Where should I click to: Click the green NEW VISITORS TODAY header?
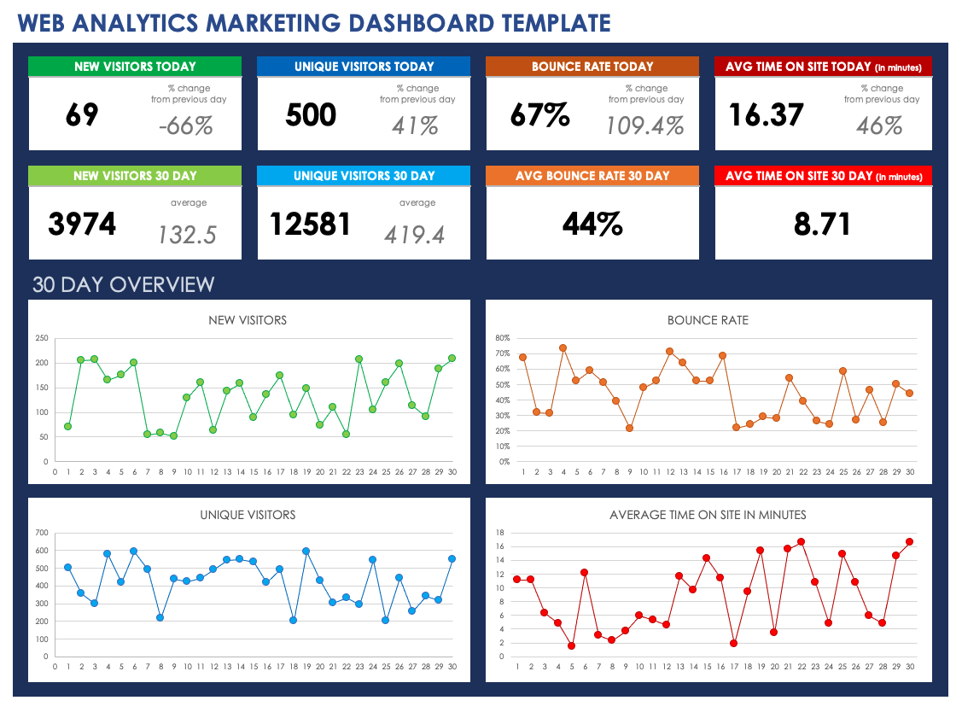[x=135, y=67]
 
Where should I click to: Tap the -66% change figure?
[x=185, y=126]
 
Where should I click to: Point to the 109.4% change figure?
[x=645, y=126]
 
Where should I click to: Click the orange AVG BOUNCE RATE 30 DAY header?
[x=592, y=176]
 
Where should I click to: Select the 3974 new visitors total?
[x=82, y=225]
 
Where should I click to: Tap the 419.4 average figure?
[x=414, y=235]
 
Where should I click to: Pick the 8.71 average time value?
[x=822, y=225]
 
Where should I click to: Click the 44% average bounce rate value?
[x=592, y=225]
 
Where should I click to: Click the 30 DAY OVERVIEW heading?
[x=124, y=284]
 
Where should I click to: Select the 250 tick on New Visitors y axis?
[x=41, y=338]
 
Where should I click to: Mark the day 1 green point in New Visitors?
[x=67, y=426]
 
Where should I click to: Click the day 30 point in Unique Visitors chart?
[x=452, y=558]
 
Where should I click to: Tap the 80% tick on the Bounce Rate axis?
[x=502, y=338]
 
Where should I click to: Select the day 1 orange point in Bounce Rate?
[x=522, y=357]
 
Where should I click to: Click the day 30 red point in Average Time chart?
[x=910, y=541]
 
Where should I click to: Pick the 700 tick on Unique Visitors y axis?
[x=41, y=533]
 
